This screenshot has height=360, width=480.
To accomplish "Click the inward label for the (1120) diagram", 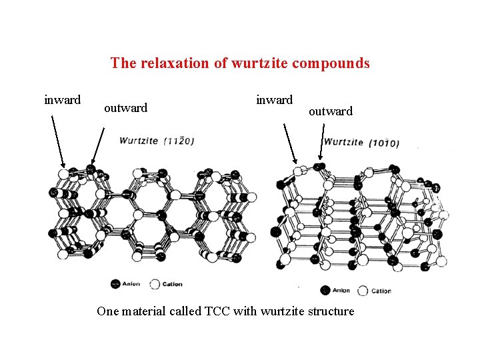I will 62,100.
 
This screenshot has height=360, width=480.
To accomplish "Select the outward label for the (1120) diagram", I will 125,108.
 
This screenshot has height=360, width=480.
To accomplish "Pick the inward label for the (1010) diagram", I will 274,100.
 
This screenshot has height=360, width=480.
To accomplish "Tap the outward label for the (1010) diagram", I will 330,111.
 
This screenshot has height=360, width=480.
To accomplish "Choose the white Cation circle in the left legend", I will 155,284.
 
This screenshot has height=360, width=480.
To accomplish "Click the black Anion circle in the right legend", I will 325,290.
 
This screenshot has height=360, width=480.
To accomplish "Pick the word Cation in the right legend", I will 381,291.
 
